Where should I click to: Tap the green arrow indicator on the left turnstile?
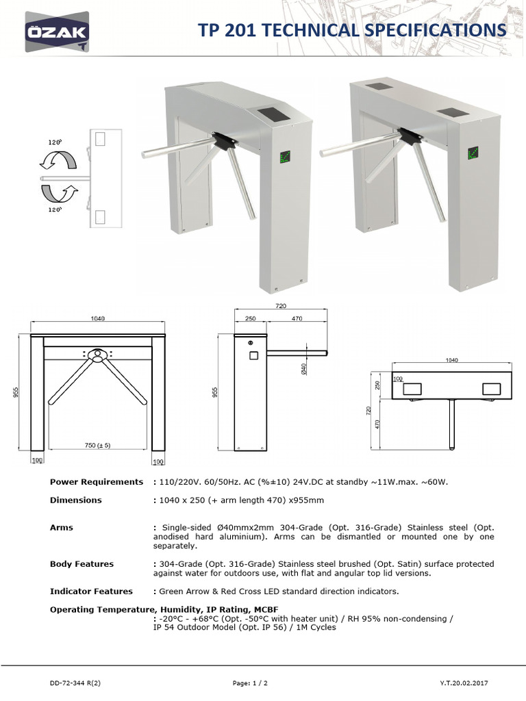click(285, 157)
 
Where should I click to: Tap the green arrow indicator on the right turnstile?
click(473, 153)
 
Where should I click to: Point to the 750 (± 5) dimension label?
click(97, 445)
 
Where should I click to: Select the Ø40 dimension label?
click(303, 369)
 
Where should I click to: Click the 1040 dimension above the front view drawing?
click(97, 318)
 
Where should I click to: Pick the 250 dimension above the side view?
click(250, 318)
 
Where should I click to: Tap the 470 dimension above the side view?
click(297, 318)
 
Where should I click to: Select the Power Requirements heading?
click(97, 482)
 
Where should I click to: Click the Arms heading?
click(62, 528)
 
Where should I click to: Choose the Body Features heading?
click(82, 564)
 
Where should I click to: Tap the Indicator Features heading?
click(91, 591)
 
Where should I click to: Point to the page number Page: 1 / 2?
click(250, 683)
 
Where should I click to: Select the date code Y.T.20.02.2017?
click(464, 683)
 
